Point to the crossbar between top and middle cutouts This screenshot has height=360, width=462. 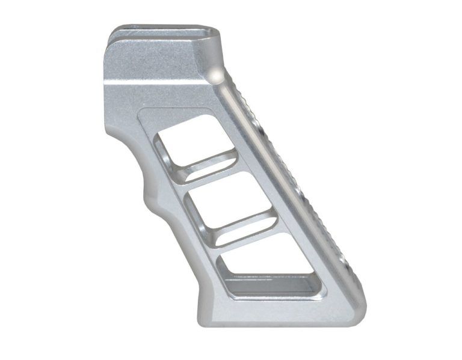pyautogui.click(x=211, y=174)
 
